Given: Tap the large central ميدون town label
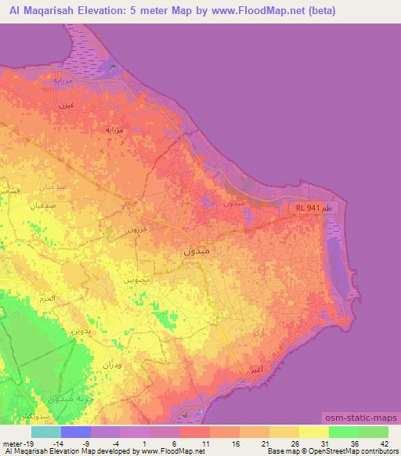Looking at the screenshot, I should pos(197,252).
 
